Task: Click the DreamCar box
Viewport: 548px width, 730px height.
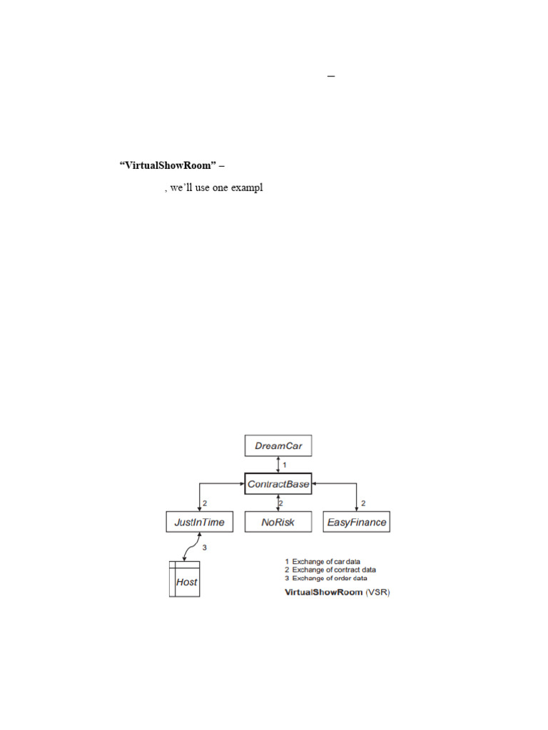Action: [278, 447]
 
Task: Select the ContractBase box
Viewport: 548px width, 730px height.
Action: [278, 484]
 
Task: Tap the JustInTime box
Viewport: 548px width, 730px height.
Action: [199, 522]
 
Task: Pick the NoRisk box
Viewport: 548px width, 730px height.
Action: [278, 522]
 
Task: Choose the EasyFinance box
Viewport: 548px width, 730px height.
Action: [357, 522]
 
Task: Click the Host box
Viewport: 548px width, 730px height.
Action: [184, 582]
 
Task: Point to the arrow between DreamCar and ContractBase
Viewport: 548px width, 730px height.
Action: [278, 465]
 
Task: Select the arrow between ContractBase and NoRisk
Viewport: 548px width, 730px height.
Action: [278, 503]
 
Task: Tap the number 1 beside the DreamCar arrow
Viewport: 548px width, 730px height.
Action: [285, 465]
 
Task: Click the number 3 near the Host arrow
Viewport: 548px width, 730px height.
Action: [204, 547]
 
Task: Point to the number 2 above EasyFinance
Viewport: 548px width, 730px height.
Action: [363, 503]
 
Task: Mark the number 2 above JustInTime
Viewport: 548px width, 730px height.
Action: [205, 503]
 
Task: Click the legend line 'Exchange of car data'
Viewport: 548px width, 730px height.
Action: [326, 561]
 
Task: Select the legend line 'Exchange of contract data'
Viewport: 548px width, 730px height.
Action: [333, 570]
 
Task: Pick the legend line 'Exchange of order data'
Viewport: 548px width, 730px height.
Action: [329, 578]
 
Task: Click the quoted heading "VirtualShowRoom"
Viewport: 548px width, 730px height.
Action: [166, 165]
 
